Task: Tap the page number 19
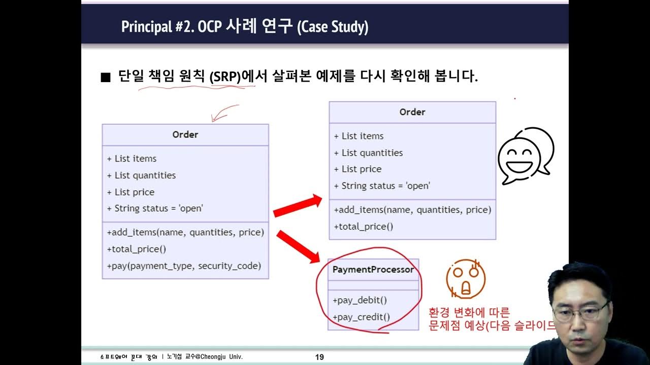pos(319,357)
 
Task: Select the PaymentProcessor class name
pos(373,270)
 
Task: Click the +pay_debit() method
pos(360,300)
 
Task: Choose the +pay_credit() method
pos(362,317)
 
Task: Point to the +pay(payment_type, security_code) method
pos(184,266)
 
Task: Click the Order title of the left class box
pos(185,134)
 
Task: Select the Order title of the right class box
pos(412,112)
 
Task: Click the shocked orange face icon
pos(465,279)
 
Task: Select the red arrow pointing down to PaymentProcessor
pos(299,246)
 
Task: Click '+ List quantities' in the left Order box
pos(141,175)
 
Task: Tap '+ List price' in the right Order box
pos(357,169)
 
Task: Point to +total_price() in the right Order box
pos(364,226)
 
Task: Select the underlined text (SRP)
pos(224,78)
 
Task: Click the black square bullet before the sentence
pos(106,78)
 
